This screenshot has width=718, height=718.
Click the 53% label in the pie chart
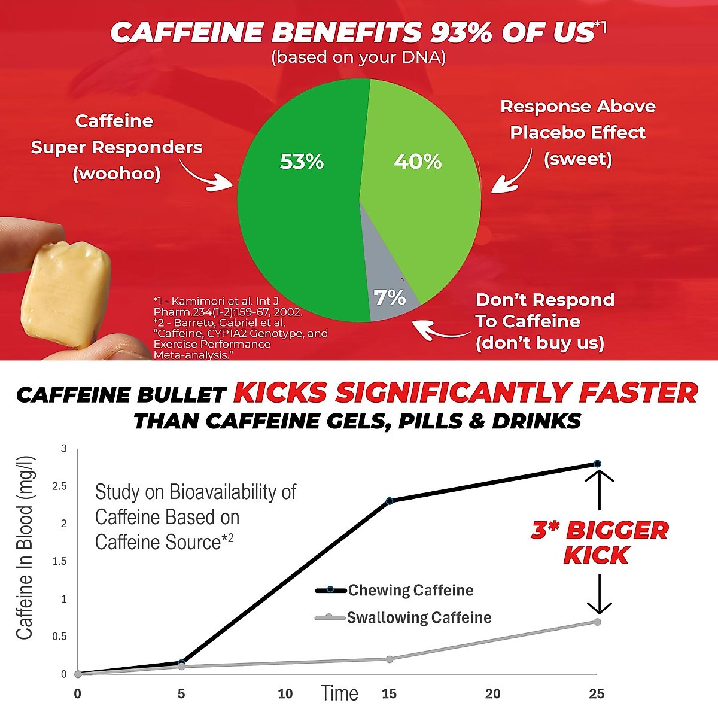pyautogui.click(x=302, y=162)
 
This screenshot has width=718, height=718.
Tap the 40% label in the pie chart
pyautogui.click(x=418, y=162)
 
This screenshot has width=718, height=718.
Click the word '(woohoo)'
pyautogui.click(x=117, y=174)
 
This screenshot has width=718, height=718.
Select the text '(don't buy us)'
pyautogui.click(x=540, y=343)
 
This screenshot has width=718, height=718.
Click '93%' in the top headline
pyautogui.click(x=461, y=34)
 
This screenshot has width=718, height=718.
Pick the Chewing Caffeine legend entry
pyautogui.click(x=395, y=591)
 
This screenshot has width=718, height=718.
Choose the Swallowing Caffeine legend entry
pyautogui.click(x=404, y=617)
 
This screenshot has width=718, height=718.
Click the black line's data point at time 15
pyautogui.click(x=390, y=501)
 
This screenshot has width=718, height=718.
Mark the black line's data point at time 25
pyautogui.click(x=597, y=464)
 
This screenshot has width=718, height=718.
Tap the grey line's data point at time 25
pyautogui.click(x=597, y=622)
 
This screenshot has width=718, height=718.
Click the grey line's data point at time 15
pyautogui.click(x=390, y=659)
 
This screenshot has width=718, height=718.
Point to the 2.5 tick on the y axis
pyautogui.click(x=60, y=486)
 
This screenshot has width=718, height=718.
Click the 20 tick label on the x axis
pyautogui.click(x=492, y=694)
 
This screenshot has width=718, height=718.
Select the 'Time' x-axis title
pyautogui.click(x=339, y=693)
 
